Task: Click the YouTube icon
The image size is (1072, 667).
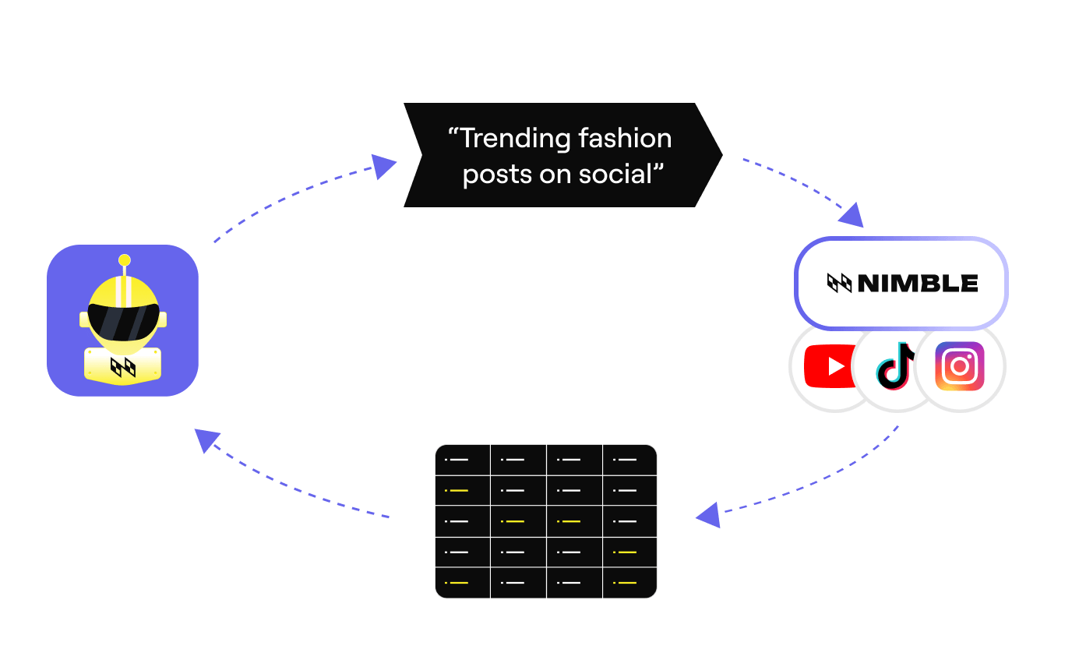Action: (832, 366)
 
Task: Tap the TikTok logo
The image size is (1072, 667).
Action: (896, 365)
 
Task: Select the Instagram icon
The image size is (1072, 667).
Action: (960, 365)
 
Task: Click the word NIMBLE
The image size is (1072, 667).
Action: (918, 284)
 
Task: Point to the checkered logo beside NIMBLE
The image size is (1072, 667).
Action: (839, 284)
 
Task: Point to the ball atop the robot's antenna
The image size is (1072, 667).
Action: (124, 260)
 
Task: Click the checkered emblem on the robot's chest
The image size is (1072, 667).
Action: (123, 366)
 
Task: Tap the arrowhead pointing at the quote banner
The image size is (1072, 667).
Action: (383, 166)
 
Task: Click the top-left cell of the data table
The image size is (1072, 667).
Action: (463, 460)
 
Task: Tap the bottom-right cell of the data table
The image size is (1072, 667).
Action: (629, 583)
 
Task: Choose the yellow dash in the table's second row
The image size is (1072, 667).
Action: (459, 491)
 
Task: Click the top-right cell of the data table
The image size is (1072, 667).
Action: (629, 460)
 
